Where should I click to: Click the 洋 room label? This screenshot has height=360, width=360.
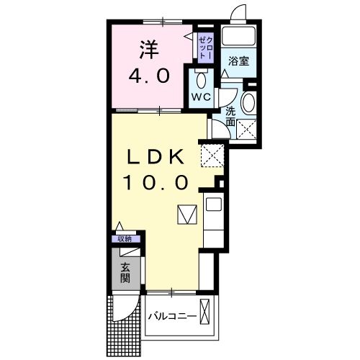148,50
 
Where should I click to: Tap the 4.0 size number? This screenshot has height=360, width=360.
148,75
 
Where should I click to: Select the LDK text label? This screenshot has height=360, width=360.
158,157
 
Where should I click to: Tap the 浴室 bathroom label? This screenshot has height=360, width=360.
239,60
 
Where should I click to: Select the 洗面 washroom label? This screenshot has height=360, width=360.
230,117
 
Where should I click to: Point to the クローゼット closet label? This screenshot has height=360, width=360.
204,47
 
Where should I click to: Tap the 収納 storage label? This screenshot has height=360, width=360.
125,239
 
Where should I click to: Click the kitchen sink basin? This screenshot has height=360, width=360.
214,204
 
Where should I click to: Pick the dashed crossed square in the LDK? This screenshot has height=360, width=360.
212,155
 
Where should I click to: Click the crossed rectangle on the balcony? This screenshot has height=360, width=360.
207,312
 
